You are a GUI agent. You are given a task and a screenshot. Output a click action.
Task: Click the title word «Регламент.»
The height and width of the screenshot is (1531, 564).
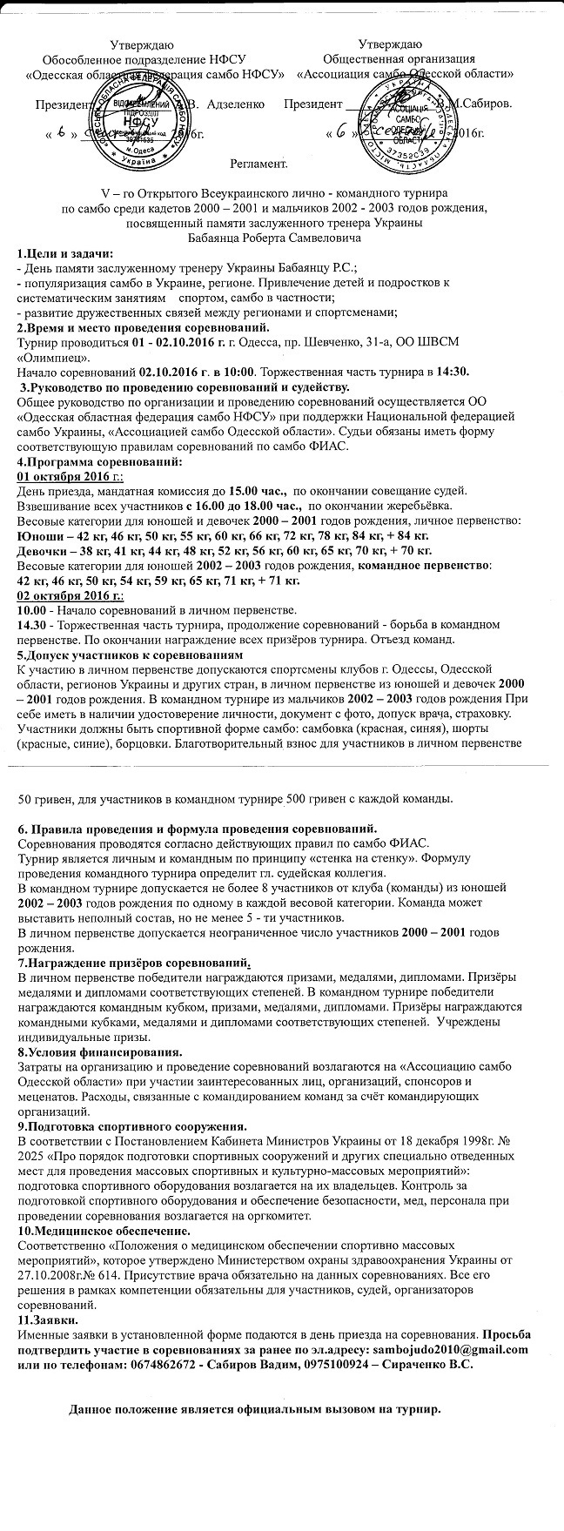coord(259,164)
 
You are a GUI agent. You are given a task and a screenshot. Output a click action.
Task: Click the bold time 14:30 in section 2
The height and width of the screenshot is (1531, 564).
coord(453,372)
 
